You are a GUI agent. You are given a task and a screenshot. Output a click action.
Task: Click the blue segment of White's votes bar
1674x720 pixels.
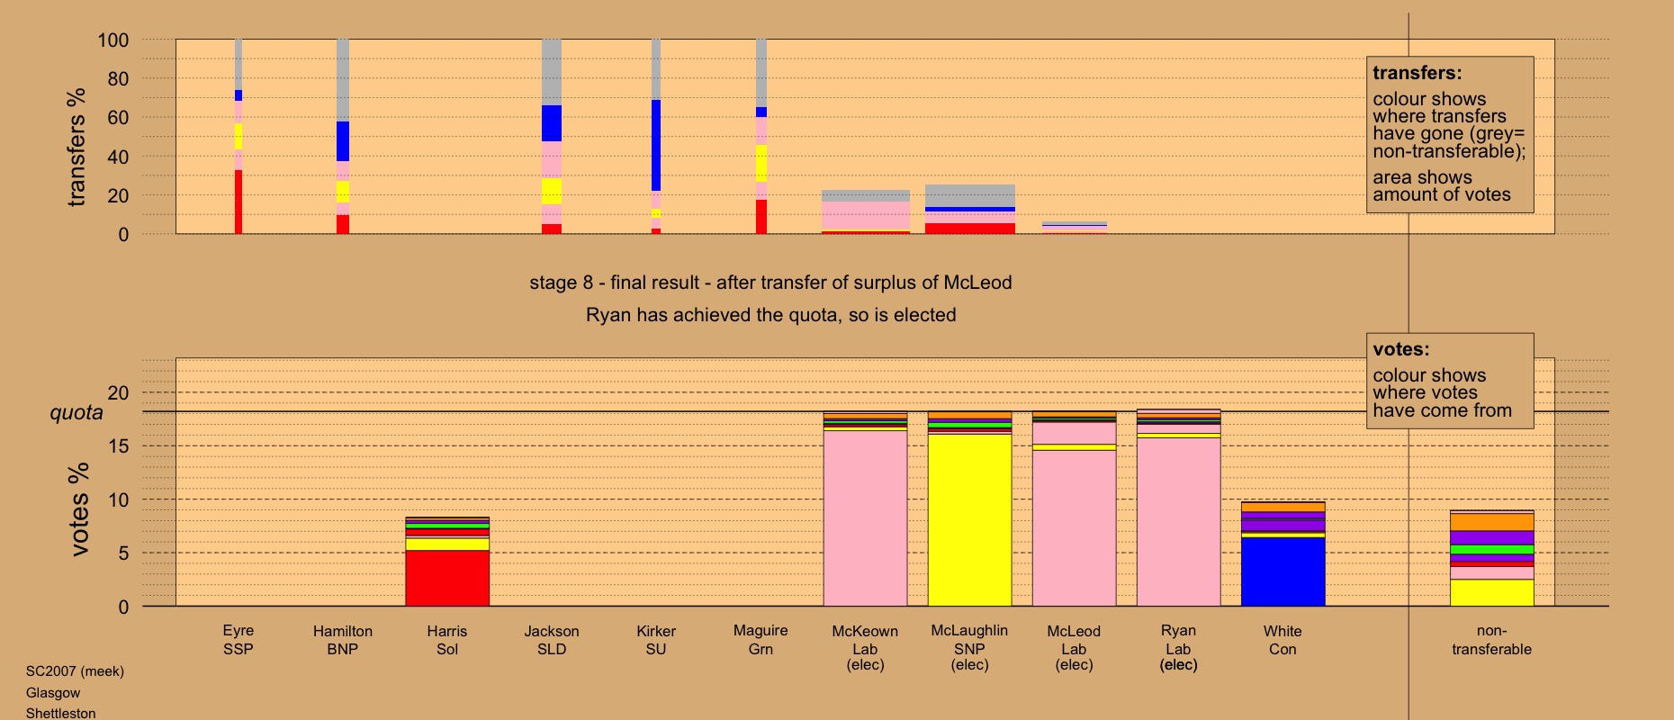(x=1282, y=571)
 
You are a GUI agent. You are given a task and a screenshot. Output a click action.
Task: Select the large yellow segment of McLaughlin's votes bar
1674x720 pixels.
(x=969, y=520)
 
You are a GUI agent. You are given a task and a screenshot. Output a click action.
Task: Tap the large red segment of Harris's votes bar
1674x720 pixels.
(x=447, y=578)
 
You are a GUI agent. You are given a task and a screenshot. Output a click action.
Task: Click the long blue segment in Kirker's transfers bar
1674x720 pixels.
(x=656, y=145)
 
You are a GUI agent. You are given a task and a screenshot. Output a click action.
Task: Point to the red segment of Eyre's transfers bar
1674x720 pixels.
(x=238, y=202)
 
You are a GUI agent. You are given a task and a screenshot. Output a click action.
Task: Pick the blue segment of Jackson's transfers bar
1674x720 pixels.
(x=552, y=123)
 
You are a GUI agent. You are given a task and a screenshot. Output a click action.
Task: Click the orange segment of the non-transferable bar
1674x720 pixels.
(x=1491, y=522)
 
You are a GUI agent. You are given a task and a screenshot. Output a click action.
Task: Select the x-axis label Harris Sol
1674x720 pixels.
(x=447, y=640)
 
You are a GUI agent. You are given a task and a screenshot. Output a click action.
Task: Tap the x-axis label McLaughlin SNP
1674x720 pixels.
(x=969, y=639)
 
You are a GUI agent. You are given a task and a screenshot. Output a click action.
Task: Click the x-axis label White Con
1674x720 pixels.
(x=1282, y=640)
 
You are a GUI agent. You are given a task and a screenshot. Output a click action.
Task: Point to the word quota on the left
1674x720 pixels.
(x=76, y=412)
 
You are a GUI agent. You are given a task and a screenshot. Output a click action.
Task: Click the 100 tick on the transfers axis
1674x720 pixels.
(x=113, y=40)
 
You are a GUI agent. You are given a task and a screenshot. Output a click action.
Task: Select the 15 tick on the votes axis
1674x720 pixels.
(x=118, y=446)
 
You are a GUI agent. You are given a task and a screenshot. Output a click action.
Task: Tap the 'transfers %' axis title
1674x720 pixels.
(x=76, y=147)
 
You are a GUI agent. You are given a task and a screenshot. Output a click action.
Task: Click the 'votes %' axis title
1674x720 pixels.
(x=79, y=508)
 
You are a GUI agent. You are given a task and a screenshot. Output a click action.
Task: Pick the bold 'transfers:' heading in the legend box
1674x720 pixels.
(x=1417, y=73)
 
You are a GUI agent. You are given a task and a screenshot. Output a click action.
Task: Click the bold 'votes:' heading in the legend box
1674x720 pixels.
(x=1400, y=349)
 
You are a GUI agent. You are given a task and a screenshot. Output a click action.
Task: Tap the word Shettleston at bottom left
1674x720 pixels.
(x=60, y=713)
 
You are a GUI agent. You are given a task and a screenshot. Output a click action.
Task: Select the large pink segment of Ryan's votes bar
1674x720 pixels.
(x=1178, y=522)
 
